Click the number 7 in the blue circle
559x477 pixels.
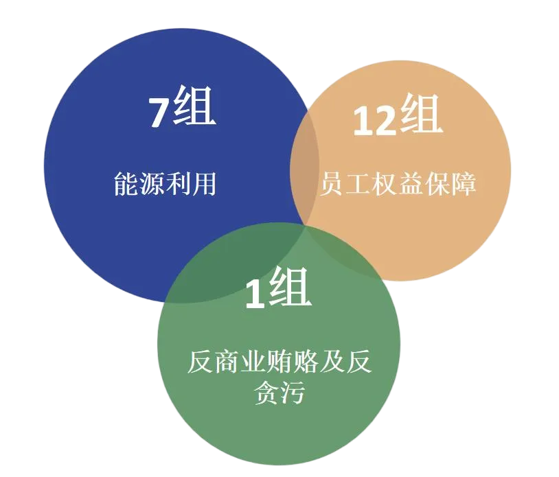[x=159, y=111]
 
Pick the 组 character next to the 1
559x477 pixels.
[x=289, y=289]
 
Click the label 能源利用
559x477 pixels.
[x=165, y=184]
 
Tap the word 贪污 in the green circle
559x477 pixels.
[x=279, y=394]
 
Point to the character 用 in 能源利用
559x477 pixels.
[x=204, y=184]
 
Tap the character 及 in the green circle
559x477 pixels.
[x=332, y=361]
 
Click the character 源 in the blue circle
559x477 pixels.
[x=152, y=184]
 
